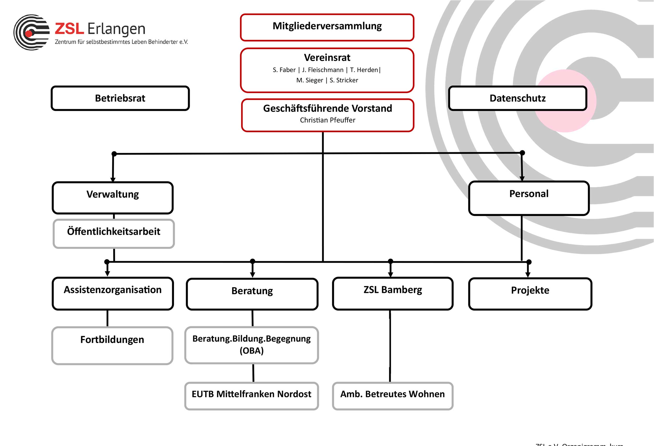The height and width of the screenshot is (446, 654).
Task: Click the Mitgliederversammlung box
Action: (x=327, y=27)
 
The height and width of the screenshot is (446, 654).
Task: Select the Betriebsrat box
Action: (x=120, y=98)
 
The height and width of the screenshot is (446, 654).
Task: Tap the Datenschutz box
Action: (x=517, y=98)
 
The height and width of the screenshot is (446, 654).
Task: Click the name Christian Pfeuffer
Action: (x=327, y=120)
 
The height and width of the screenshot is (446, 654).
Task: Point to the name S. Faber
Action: (x=284, y=70)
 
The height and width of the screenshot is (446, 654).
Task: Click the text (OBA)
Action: (x=252, y=351)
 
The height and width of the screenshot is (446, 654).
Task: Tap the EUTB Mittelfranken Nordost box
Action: (x=251, y=395)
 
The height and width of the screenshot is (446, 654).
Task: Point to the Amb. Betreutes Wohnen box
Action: (x=392, y=395)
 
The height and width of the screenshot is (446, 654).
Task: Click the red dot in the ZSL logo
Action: (x=29, y=34)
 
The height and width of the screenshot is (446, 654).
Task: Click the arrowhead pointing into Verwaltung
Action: (x=113, y=180)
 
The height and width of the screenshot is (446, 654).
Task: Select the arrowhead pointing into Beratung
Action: (x=252, y=275)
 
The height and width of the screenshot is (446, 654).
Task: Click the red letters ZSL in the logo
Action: (x=69, y=29)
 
